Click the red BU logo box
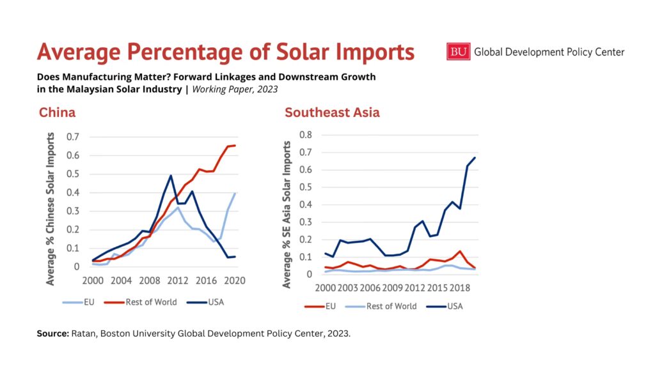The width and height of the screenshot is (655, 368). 458,52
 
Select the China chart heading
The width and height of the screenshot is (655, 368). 57,113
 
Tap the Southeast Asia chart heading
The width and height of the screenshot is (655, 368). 332,113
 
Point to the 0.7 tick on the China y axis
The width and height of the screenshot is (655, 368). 72,137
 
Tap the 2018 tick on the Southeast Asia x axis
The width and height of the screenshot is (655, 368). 463,288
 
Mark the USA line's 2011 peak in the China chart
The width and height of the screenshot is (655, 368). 171,176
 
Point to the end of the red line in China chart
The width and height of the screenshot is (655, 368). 235,146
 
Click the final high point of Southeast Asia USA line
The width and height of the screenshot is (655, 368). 475,158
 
